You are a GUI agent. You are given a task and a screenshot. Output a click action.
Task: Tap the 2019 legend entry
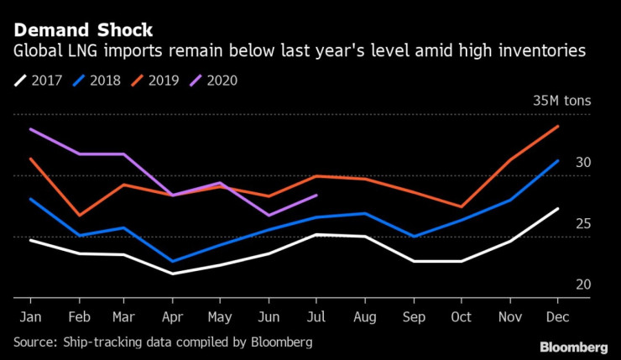(159, 81)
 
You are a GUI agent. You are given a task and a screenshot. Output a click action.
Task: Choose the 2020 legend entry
(218, 81)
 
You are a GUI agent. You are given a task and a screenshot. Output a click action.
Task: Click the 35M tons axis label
(562, 101)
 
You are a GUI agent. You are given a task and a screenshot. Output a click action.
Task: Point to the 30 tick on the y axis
(583, 162)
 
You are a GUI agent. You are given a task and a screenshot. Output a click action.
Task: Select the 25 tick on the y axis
(583, 223)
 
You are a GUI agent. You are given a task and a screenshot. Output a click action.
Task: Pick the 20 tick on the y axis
(583, 284)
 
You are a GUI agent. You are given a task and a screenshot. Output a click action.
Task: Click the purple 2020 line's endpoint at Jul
(316, 195)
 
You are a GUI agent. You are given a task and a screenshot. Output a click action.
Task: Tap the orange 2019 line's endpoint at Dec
(556, 126)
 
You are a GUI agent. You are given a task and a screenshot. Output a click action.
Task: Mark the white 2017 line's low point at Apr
(173, 274)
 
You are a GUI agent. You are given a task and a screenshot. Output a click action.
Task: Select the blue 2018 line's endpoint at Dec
(556, 160)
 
